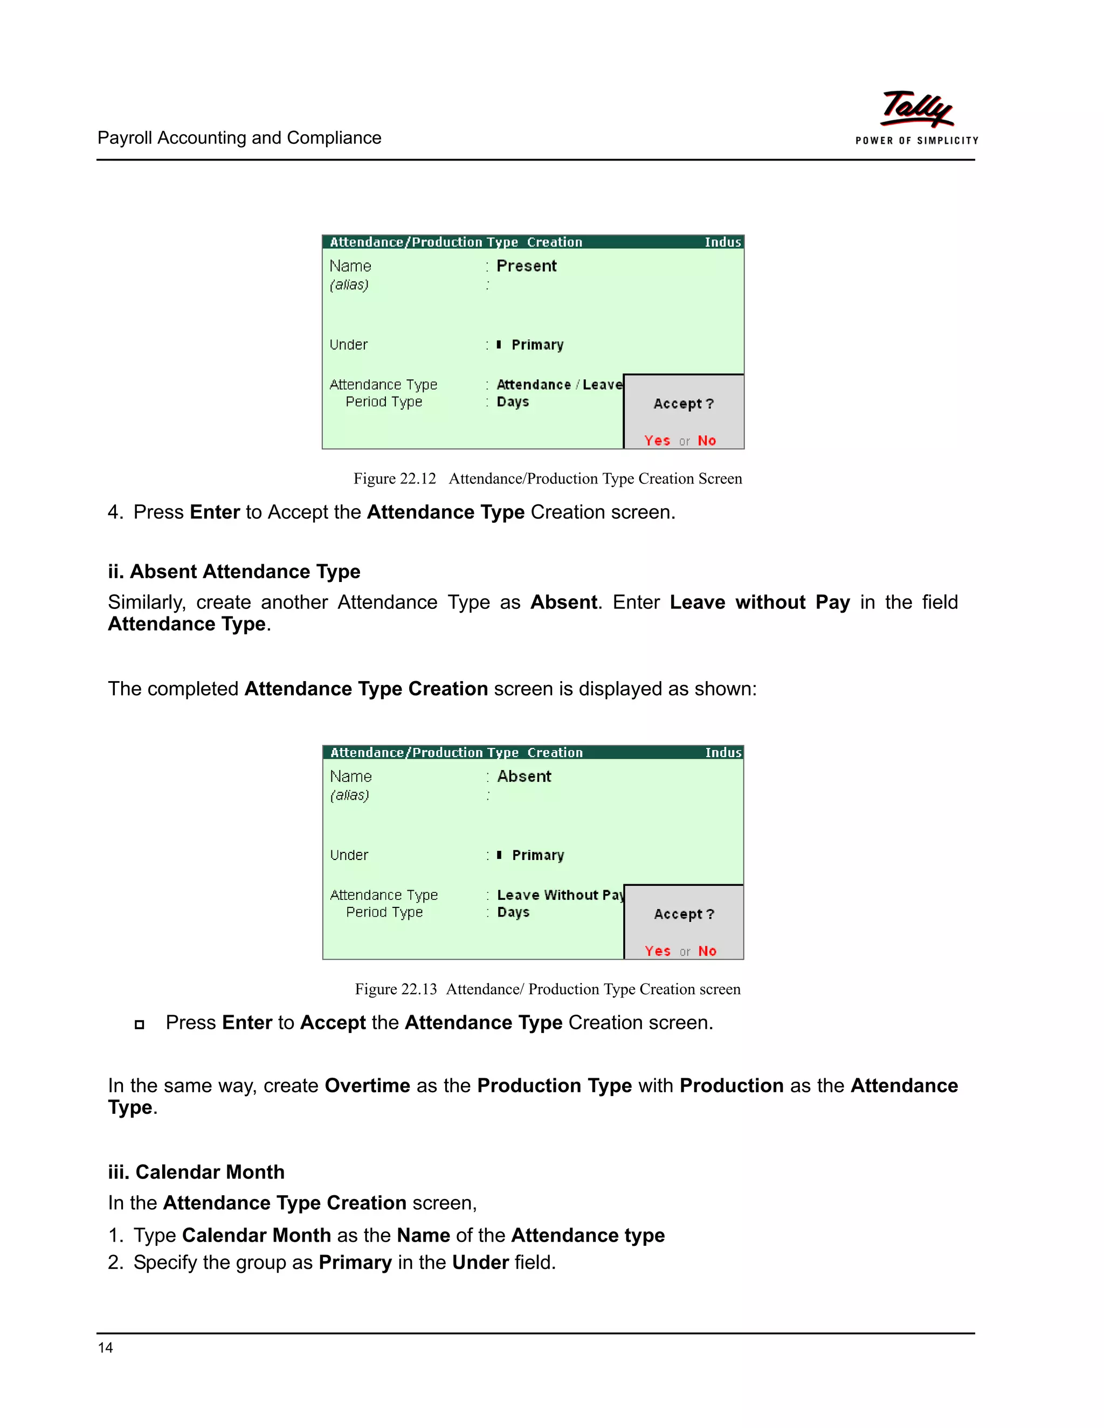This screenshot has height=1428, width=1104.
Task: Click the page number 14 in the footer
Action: tap(105, 1347)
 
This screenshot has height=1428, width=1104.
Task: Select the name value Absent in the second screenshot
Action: tap(524, 776)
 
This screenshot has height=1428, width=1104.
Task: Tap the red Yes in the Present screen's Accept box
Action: tap(657, 441)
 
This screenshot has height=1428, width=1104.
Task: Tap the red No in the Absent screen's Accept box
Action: tap(707, 951)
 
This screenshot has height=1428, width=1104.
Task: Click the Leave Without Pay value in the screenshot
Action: tap(560, 895)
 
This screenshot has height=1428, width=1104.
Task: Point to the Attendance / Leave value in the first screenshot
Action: tap(559, 384)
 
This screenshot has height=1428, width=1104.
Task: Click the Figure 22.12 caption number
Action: tap(395, 479)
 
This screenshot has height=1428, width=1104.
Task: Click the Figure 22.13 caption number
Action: tap(396, 989)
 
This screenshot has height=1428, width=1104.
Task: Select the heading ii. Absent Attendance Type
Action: tap(234, 571)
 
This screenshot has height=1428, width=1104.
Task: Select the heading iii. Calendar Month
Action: tap(196, 1171)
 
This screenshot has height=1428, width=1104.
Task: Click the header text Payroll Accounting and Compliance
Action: tap(239, 138)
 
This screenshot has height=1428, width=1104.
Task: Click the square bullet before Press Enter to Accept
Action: tap(139, 1024)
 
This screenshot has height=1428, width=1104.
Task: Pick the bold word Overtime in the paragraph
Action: tap(367, 1085)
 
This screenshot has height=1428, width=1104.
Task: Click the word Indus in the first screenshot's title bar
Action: tap(722, 242)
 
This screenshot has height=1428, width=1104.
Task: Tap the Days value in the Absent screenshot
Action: tap(513, 912)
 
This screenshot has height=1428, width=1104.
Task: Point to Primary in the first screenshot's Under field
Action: tap(537, 344)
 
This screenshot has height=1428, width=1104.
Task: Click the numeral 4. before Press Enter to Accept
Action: tap(115, 512)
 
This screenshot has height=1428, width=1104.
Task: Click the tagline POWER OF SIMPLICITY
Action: tap(916, 141)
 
